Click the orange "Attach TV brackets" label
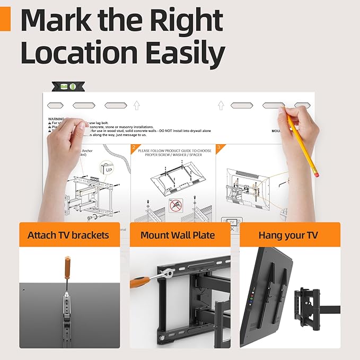click(x=68, y=235)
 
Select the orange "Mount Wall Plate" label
click(x=178, y=235)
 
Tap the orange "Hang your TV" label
click(x=289, y=235)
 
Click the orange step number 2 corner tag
click(x=134, y=148)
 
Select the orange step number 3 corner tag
click(x=219, y=148)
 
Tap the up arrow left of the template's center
click(x=136, y=106)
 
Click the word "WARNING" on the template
click(x=56, y=119)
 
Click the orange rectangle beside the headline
click(x=5, y=21)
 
